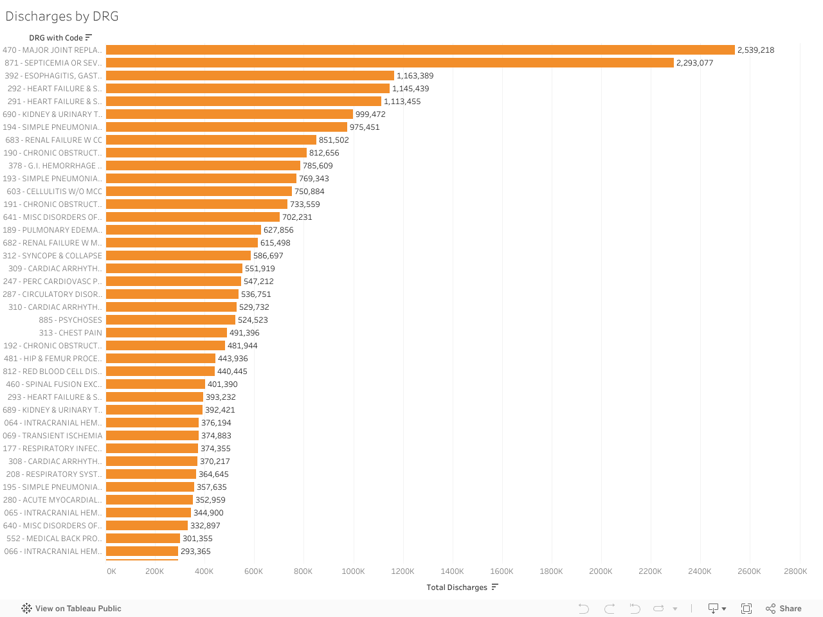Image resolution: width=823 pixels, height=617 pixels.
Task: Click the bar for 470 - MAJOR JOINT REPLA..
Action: tap(420, 50)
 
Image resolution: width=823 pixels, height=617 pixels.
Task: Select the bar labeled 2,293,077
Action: tap(390, 63)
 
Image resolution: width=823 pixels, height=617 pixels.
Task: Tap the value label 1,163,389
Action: tap(415, 76)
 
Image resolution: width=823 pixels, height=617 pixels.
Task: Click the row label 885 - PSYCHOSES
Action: tap(70, 320)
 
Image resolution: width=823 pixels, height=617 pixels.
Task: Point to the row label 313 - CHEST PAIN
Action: tap(70, 333)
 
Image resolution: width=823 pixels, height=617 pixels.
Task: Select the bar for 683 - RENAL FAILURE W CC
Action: tap(211, 140)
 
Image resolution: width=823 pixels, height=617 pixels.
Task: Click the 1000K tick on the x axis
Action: tap(353, 571)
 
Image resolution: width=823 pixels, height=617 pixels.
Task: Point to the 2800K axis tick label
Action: tap(795, 571)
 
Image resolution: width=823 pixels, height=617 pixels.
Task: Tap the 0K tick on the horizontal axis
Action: tap(111, 571)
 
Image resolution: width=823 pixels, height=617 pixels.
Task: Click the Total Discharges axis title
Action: tap(457, 587)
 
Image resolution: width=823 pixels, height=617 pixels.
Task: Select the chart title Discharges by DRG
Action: tap(62, 16)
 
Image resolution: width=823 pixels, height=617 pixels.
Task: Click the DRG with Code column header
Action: tap(55, 38)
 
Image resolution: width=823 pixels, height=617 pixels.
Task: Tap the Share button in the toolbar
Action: tap(784, 609)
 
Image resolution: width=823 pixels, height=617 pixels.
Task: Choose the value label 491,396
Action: tap(244, 333)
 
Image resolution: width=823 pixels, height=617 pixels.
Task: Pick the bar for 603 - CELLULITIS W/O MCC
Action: tap(199, 192)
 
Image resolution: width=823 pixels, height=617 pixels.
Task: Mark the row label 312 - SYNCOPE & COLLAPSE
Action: tap(52, 256)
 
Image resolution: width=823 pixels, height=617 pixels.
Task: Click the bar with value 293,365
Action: tap(142, 551)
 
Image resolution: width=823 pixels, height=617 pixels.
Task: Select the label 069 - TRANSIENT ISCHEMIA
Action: tap(52, 436)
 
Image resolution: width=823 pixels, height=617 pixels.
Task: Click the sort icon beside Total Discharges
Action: tap(494, 587)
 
